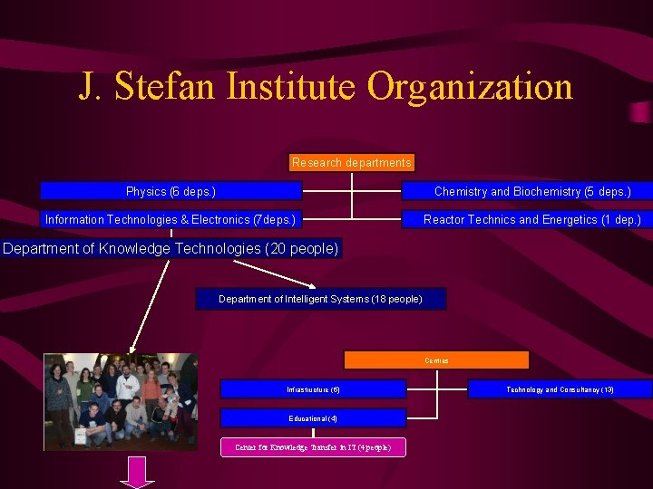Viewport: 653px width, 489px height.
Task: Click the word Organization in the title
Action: click(x=470, y=88)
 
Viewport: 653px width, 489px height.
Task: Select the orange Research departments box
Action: click(x=352, y=163)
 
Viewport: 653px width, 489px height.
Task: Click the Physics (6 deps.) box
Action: click(x=171, y=191)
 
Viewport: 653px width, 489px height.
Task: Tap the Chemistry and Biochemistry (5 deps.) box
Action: click(x=531, y=191)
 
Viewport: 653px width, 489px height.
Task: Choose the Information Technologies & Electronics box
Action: click(x=171, y=219)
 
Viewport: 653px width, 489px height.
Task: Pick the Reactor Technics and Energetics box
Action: click(x=531, y=219)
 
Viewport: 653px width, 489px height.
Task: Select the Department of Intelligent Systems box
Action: click(x=320, y=299)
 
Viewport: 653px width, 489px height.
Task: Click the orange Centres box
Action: click(x=436, y=360)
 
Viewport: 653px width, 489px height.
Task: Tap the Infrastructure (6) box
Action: click(x=313, y=389)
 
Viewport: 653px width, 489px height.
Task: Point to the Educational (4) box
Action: click(x=313, y=418)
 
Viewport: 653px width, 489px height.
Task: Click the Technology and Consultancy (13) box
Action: click(x=560, y=389)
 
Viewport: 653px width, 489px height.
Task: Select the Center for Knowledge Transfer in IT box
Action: click(x=313, y=447)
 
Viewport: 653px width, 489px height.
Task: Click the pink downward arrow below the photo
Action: click(x=138, y=473)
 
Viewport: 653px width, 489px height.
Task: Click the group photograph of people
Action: click(x=121, y=401)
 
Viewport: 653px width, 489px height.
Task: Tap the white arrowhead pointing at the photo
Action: click(x=132, y=347)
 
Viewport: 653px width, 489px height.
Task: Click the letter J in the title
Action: click(x=87, y=88)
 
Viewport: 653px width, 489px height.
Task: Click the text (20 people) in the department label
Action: click(x=301, y=248)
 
